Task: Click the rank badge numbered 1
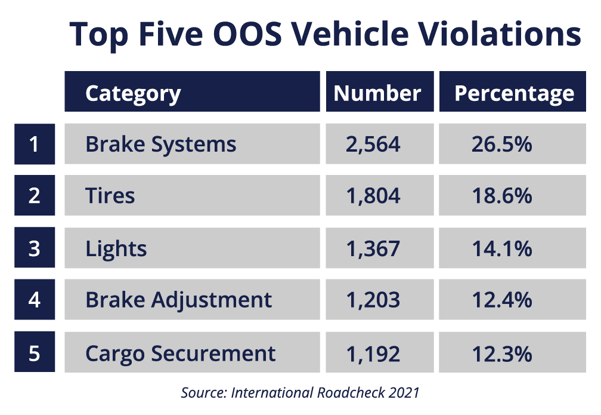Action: point(35,144)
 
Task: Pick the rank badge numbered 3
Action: point(35,248)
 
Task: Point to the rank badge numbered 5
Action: point(35,352)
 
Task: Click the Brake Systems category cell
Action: point(192,144)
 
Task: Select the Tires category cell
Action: point(192,195)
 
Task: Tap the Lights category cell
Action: point(192,248)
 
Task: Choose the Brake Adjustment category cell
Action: point(192,299)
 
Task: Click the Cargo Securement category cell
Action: point(192,352)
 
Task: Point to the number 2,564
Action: point(373,144)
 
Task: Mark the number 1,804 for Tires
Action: point(373,195)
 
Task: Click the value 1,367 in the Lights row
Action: point(373,248)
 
